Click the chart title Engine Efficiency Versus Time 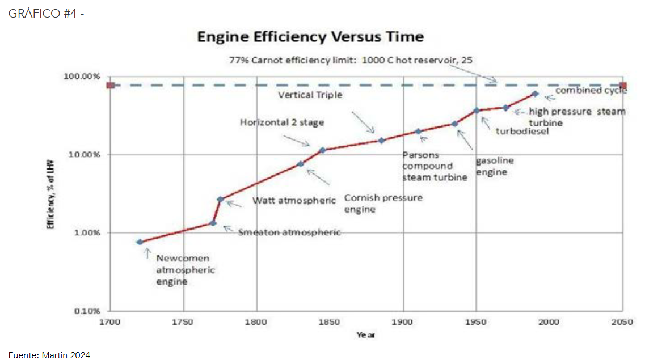point(310,37)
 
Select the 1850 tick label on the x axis point(330,322)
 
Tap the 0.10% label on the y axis point(87,311)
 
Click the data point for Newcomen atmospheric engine point(140,242)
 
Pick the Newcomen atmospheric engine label point(186,270)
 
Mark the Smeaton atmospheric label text point(289,232)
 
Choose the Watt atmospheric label point(294,201)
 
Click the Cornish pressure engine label point(383,204)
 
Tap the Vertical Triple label point(310,95)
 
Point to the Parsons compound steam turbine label point(435,166)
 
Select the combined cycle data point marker point(534,94)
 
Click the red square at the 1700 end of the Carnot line point(111,86)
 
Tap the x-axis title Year point(365,334)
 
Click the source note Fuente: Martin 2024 point(49,354)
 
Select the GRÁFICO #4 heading point(47,13)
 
